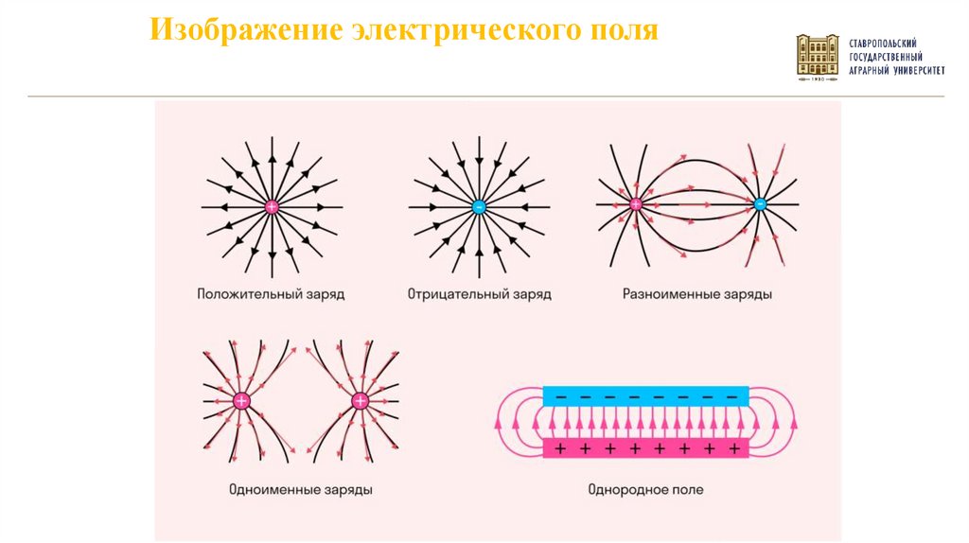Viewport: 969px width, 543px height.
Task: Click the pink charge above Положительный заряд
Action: [272, 206]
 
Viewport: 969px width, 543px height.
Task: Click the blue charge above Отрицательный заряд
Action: [479, 206]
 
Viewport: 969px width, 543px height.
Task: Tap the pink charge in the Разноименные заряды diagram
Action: [636, 203]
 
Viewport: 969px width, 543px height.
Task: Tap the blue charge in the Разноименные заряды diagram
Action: [759, 203]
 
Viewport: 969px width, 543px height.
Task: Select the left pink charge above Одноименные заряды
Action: [240, 401]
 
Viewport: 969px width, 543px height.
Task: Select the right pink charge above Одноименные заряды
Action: [360, 401]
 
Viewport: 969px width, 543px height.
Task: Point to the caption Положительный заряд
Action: [271, 294]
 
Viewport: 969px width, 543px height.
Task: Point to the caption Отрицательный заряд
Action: [479, 294]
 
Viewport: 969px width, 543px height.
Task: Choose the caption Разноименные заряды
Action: [697, 294]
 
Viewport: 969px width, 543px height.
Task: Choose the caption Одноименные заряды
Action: [300, 490]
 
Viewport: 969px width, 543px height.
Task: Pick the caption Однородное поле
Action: [645, 490]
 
